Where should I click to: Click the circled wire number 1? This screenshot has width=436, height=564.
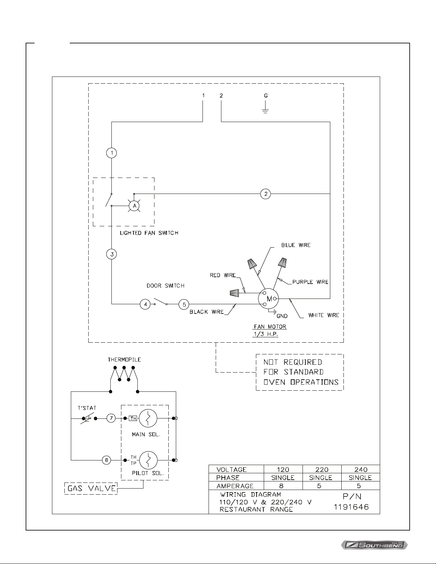tap(112, 153)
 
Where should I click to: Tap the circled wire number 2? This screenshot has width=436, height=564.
tap(266, 194)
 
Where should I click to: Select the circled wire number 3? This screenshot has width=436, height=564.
tap(112, 254)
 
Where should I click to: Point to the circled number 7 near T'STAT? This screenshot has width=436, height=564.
tap(111, 418)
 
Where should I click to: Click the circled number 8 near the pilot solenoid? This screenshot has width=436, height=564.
tap(106, 460)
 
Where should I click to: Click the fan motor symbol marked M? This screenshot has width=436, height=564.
tap(268, 299)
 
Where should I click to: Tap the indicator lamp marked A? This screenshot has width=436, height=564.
tap(134, 206)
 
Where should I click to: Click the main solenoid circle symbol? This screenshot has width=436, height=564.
tap(148, 418)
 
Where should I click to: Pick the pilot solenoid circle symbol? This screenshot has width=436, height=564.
tap(148, 460)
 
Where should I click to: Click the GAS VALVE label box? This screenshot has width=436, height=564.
tap(91, 489)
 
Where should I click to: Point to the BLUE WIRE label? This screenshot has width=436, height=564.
tap(296, 245)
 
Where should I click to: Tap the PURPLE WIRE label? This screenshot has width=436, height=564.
tap(310, 282)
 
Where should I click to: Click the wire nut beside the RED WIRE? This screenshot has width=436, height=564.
tap(234, 293)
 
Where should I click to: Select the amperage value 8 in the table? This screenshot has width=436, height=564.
tap(281, 486)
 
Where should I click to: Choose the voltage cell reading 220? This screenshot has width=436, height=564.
tap(322, 469)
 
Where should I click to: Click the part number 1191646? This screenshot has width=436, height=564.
tap(351, 507)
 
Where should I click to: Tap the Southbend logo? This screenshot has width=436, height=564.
tap(374, 545)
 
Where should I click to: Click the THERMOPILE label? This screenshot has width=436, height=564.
tap(124, 360)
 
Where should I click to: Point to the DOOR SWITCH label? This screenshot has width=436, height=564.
tap(166, 286)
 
